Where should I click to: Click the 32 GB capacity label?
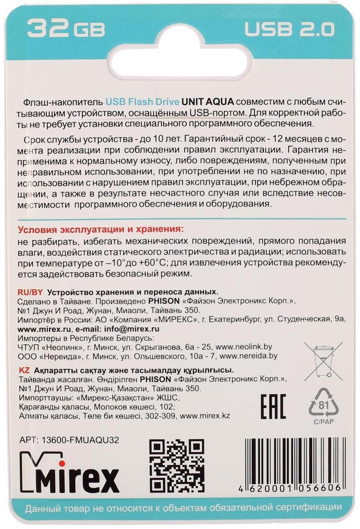66,28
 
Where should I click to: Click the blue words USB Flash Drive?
142,102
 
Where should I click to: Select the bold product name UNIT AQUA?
208,102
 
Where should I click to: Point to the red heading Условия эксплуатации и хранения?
100,230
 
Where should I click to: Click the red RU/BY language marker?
30,292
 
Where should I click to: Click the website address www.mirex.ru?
44,329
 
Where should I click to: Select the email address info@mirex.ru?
131,329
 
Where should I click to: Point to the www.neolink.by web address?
244,347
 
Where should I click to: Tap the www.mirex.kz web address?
205,416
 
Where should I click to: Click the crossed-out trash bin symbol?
323,362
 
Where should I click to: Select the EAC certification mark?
273,406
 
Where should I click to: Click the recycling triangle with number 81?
323,405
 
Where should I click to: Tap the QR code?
177,466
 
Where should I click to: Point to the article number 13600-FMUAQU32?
80,440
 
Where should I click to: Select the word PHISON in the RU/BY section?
164,301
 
